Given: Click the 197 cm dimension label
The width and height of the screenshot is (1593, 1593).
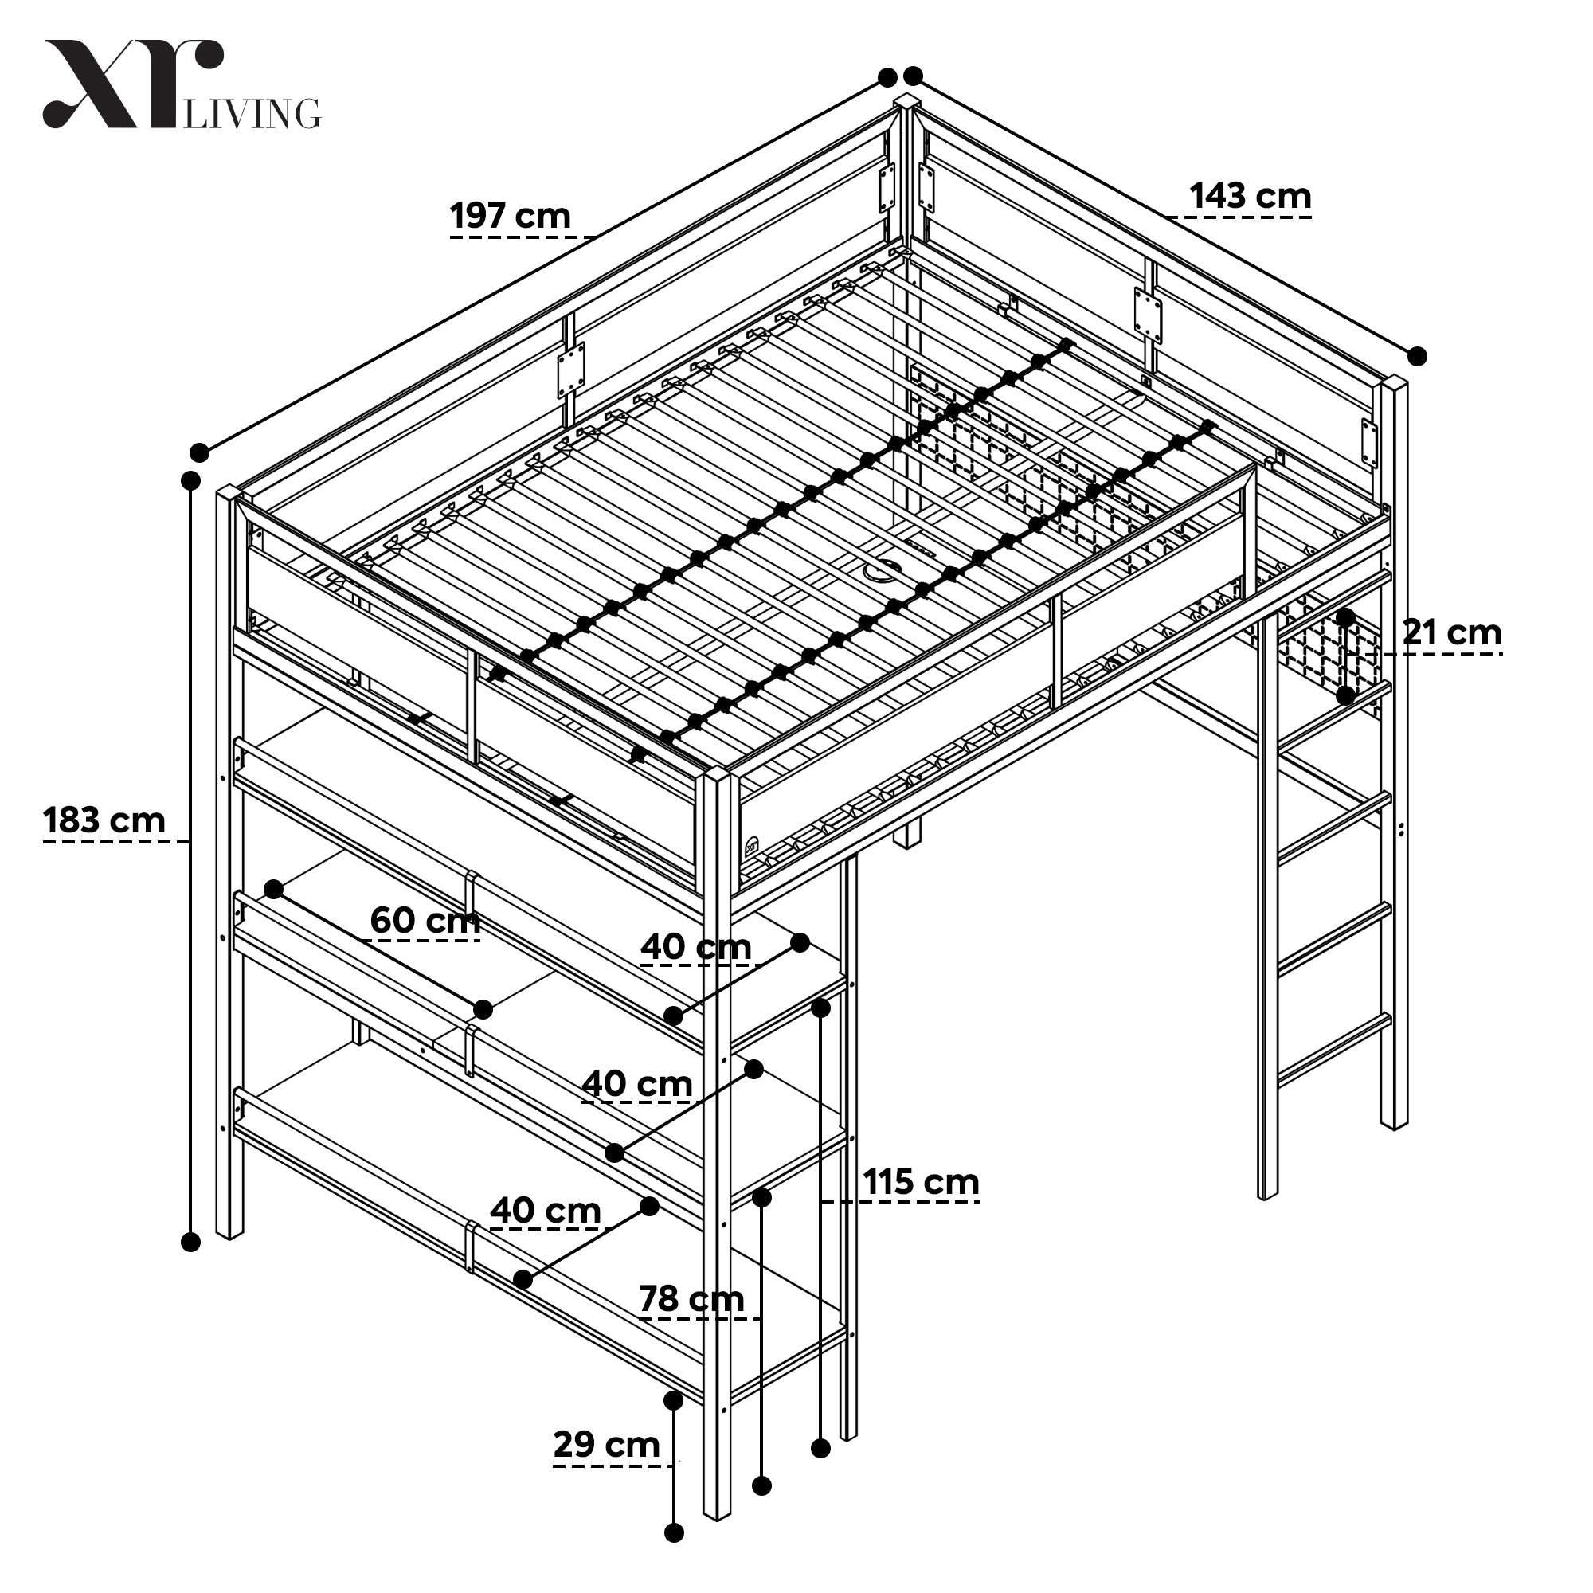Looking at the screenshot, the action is coord(511,216).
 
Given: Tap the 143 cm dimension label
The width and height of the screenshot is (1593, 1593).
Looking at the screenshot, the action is coord(1250,196).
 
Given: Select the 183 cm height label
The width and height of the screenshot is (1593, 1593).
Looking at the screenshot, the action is coord(104,820).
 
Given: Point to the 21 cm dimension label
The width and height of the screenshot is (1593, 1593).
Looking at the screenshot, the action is coord(1452,632).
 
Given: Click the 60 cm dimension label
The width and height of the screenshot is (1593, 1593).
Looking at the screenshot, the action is coord(425,920).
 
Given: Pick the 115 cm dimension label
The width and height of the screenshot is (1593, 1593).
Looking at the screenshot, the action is coord(921,1182).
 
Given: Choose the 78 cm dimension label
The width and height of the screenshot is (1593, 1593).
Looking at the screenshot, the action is coord(692,1299).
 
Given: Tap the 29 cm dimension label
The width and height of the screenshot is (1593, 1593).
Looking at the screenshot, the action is coord(607,1445).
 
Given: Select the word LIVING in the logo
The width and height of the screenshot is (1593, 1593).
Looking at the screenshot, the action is coord(252,114).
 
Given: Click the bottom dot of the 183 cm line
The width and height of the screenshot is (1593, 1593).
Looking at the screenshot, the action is coord(190,1242).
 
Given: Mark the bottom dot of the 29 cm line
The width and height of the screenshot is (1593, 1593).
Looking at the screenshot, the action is coord(675,1532).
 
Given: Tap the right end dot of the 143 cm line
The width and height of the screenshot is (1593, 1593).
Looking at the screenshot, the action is coord(1418,356).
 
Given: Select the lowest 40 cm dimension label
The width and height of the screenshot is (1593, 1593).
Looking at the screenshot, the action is coord(545,1211).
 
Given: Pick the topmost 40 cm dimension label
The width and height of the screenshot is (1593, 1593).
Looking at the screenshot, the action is coord(696,946).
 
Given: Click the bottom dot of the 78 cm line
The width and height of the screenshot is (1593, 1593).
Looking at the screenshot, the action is coord(763,1485).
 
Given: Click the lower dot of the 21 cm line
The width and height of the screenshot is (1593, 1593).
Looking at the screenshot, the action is coord(1345,695).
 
